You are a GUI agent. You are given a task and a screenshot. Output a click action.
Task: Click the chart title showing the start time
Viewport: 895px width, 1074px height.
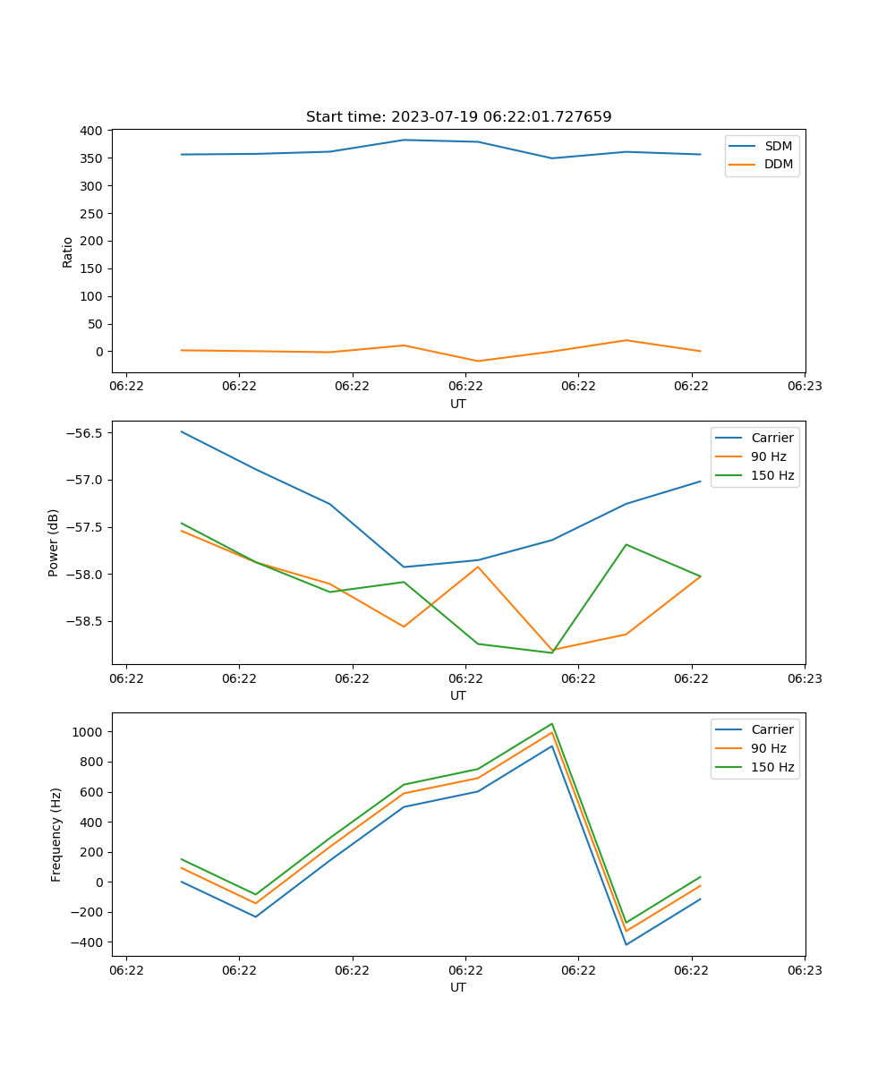pyautogui.click(x=458, y=117)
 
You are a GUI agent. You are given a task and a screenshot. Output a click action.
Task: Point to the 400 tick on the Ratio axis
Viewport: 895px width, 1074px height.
pyautogui.click(x=93, y=131)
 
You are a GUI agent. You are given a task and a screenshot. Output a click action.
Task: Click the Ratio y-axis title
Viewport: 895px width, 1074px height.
pyautogui.click(x=68, y=251)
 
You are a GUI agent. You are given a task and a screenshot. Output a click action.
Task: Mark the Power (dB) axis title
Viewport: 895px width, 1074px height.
pyautogui.click(x=54, y=542)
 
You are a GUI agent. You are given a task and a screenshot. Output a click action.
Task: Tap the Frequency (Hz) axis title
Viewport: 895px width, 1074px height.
pyautogui.click(x=56, y=834)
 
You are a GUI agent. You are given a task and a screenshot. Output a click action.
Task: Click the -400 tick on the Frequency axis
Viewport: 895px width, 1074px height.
pyautogui.click(x=88, y=942)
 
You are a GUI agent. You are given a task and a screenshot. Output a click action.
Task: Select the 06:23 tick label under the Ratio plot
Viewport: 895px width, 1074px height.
pyautogui.click(x=804, y=387)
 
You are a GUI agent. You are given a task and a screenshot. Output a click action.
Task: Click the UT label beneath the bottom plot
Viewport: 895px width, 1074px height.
pyautogui.click(x=458, y=987)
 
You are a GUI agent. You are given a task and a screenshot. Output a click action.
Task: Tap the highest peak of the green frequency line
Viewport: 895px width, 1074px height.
pyautogui.click(x=552, y=724)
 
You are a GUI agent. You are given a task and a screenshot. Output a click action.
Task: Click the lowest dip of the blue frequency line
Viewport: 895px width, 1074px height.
pyautogui.click(x=626, y=944)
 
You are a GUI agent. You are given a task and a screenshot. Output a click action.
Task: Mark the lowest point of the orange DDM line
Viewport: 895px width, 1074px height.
pyautogui.click(x=478, y=361)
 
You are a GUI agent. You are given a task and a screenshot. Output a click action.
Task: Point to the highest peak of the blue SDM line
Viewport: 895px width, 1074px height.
pyautogui.click(x=404, y=140)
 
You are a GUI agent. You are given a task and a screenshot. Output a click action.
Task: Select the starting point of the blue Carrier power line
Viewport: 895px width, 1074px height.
pyautogui.click(x=182, y=431)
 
